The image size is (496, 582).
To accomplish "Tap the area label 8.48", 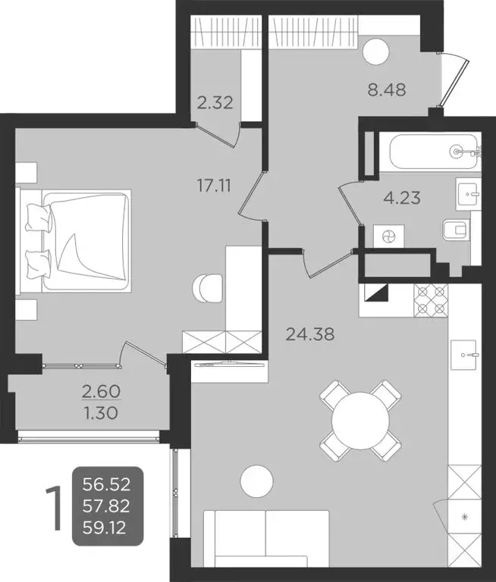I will pyautogui.click(x=386, y=89).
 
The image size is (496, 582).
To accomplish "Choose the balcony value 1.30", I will pyautogui.click(x=99, y=414).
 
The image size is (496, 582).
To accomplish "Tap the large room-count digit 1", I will pyautogui.click(x=54, y=506).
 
